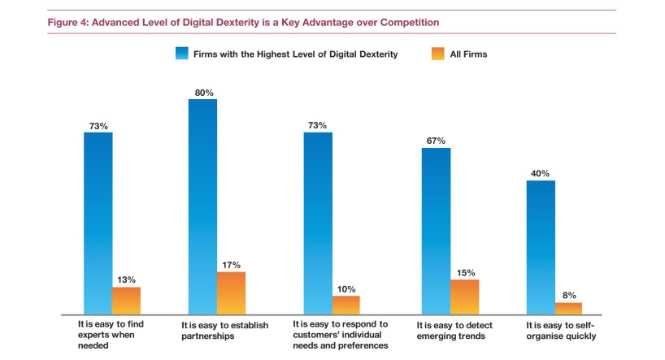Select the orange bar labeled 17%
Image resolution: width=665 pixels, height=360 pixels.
coord(231,293)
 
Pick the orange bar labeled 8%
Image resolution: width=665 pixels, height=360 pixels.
coord(568,308)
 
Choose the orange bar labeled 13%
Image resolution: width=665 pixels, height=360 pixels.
coord(126,301)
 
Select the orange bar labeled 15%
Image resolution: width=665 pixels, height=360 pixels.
coord(464,297)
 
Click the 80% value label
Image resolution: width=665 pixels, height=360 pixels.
coord(202,93)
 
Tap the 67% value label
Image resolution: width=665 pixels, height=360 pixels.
coord(436,141)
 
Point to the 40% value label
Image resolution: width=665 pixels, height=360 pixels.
coord(540,173)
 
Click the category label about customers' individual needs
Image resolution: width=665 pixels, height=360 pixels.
coord(341,334)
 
